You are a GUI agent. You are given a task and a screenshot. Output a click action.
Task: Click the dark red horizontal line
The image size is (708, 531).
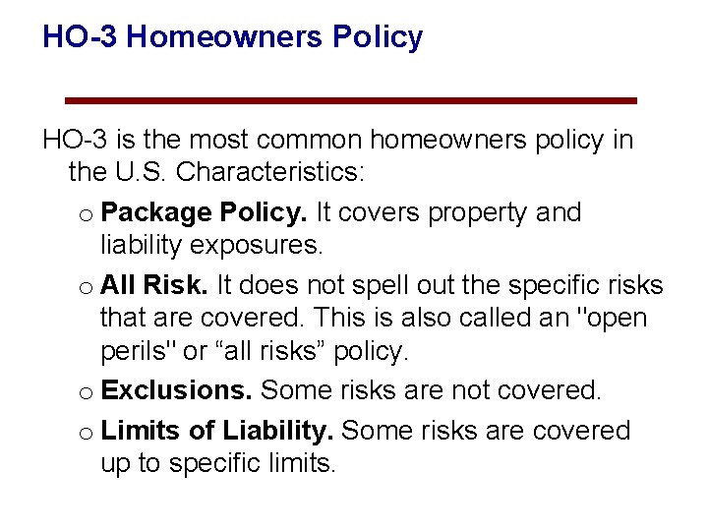tap(350, 100)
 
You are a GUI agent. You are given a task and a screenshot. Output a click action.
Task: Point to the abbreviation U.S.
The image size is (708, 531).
tap(141, 173)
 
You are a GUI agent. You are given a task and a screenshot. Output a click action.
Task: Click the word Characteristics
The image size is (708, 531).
tap(268, 173)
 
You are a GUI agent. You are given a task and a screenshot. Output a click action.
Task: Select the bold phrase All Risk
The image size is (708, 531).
tap(153, 285)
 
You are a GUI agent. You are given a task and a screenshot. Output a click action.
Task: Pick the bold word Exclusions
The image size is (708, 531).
tap(177, 390)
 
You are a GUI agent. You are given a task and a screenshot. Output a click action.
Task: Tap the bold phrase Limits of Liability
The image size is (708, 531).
tap(217, 431)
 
